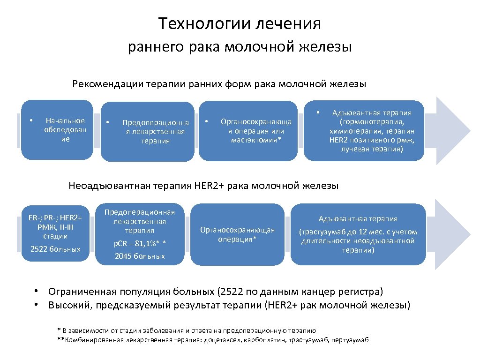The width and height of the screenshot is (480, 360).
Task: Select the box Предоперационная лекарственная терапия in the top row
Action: tap(148, 132)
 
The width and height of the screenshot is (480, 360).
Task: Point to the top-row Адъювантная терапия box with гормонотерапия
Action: tap(364, 131)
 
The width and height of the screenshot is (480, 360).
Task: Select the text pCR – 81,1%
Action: tap(140, 243)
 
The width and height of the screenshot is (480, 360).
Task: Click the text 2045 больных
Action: tap(140, 256)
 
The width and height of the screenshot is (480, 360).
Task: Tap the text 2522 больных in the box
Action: tap(55, 248)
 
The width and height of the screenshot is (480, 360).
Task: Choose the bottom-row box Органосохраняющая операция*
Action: tap(237, 234)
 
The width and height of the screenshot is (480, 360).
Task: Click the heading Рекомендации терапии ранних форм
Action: tap(219, 84)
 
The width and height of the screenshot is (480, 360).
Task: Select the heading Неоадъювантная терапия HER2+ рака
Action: tap(203, 186)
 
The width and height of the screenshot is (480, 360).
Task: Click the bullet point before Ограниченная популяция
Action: tap(36, 292)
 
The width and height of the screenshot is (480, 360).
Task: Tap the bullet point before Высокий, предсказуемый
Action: tap(36, 306)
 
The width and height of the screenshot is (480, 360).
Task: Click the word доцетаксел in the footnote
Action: tap(222, 340)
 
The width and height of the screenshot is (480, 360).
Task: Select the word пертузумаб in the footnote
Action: tap(349, 340)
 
